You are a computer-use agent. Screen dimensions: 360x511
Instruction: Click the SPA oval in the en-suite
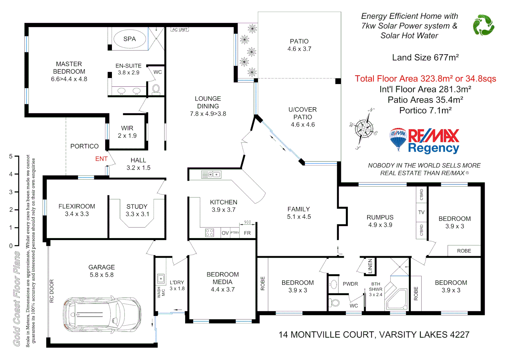(x=130, y=39)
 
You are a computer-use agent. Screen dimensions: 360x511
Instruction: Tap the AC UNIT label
(x=180, y=30)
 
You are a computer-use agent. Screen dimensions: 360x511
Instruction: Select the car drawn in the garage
(x=102, y=314)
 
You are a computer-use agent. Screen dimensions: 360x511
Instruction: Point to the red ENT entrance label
(x=101, y=159)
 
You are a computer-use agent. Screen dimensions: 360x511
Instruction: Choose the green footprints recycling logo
(x=483, y=25)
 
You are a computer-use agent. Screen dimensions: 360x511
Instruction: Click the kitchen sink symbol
(x=211, y=174)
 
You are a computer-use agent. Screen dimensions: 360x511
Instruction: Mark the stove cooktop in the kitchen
(x=210, y=233)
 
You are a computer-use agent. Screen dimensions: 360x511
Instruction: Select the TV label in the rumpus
(x=421, y=212)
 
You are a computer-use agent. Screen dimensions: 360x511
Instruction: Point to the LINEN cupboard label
(x=370, y=266)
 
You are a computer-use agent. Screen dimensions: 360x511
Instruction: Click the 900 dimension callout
(x=248, y=222)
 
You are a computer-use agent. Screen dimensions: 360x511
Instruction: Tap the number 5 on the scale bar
(x=11, y=156)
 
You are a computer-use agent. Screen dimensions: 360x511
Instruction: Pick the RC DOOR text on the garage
(x=52, y=291)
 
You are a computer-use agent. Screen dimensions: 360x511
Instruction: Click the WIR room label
(x=127, y=128)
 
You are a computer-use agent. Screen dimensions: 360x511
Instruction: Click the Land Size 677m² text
(x=425, y=58)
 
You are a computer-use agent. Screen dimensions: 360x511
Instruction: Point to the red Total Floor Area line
(x=425, y=79)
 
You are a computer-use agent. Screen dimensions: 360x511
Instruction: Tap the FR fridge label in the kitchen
(x=247, y=233)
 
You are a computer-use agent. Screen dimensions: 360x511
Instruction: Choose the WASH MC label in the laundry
(x=161, y=292)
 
